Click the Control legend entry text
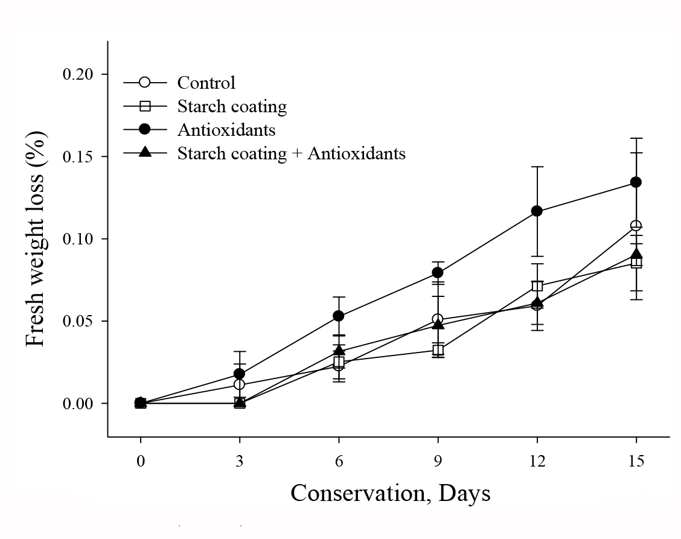tap(206, 82)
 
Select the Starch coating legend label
tap(232, 106)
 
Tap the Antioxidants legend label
tap(226, 129)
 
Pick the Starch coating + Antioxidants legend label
tap(291, 153)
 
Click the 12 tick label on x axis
tap(537, 461)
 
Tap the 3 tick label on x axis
tap(240, 461)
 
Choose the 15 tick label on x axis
tap(636, 461)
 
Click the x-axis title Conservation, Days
tap(390, 493)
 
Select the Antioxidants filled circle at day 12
tap(537, 211)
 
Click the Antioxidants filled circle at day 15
tap(636, 182)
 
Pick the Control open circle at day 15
tap(636, 226)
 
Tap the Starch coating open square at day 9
tap(438, 350)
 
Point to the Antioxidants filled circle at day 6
tap(339, 316)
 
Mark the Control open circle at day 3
tap(240, 384)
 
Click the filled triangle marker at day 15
tap(636, 254)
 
